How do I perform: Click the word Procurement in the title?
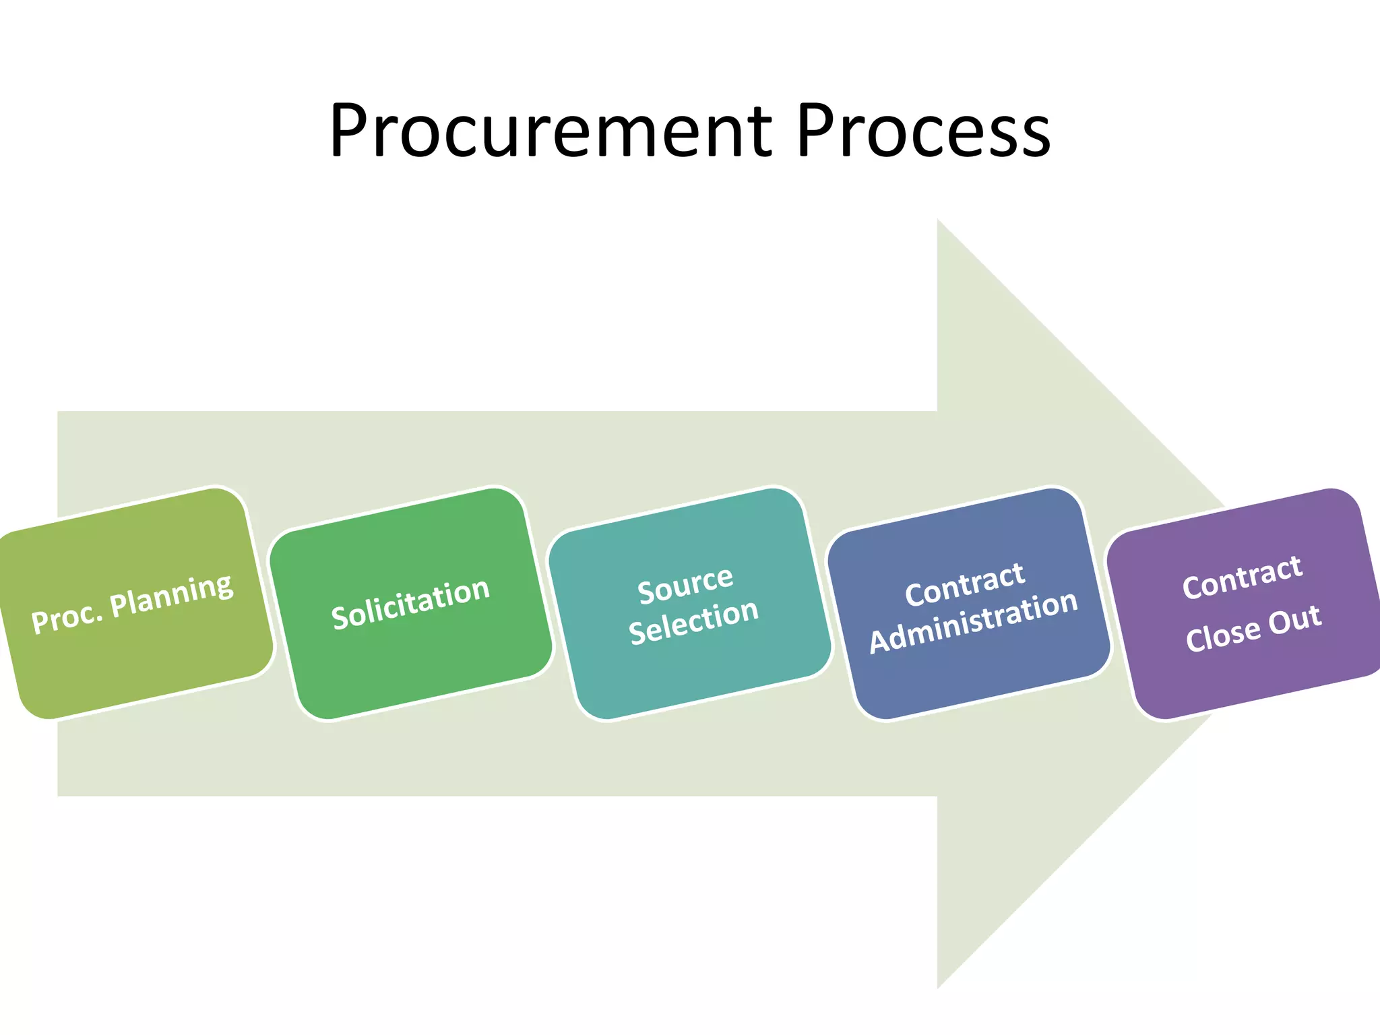click(x=550, y=131)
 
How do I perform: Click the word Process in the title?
click(x=923, y=131)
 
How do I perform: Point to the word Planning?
click(x=172, y=595)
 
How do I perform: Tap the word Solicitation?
click(x=410, y=604)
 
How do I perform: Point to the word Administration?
click(x=974, y=622)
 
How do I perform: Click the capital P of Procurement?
click(x=349, y=131)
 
